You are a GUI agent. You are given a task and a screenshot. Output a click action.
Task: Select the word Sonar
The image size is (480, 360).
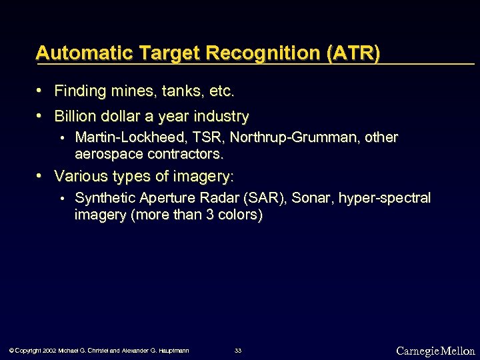point(311,198)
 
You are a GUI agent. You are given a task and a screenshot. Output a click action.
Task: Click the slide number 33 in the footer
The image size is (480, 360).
point(238,351)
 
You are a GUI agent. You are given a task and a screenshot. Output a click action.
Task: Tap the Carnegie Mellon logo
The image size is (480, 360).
point(435,351)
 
